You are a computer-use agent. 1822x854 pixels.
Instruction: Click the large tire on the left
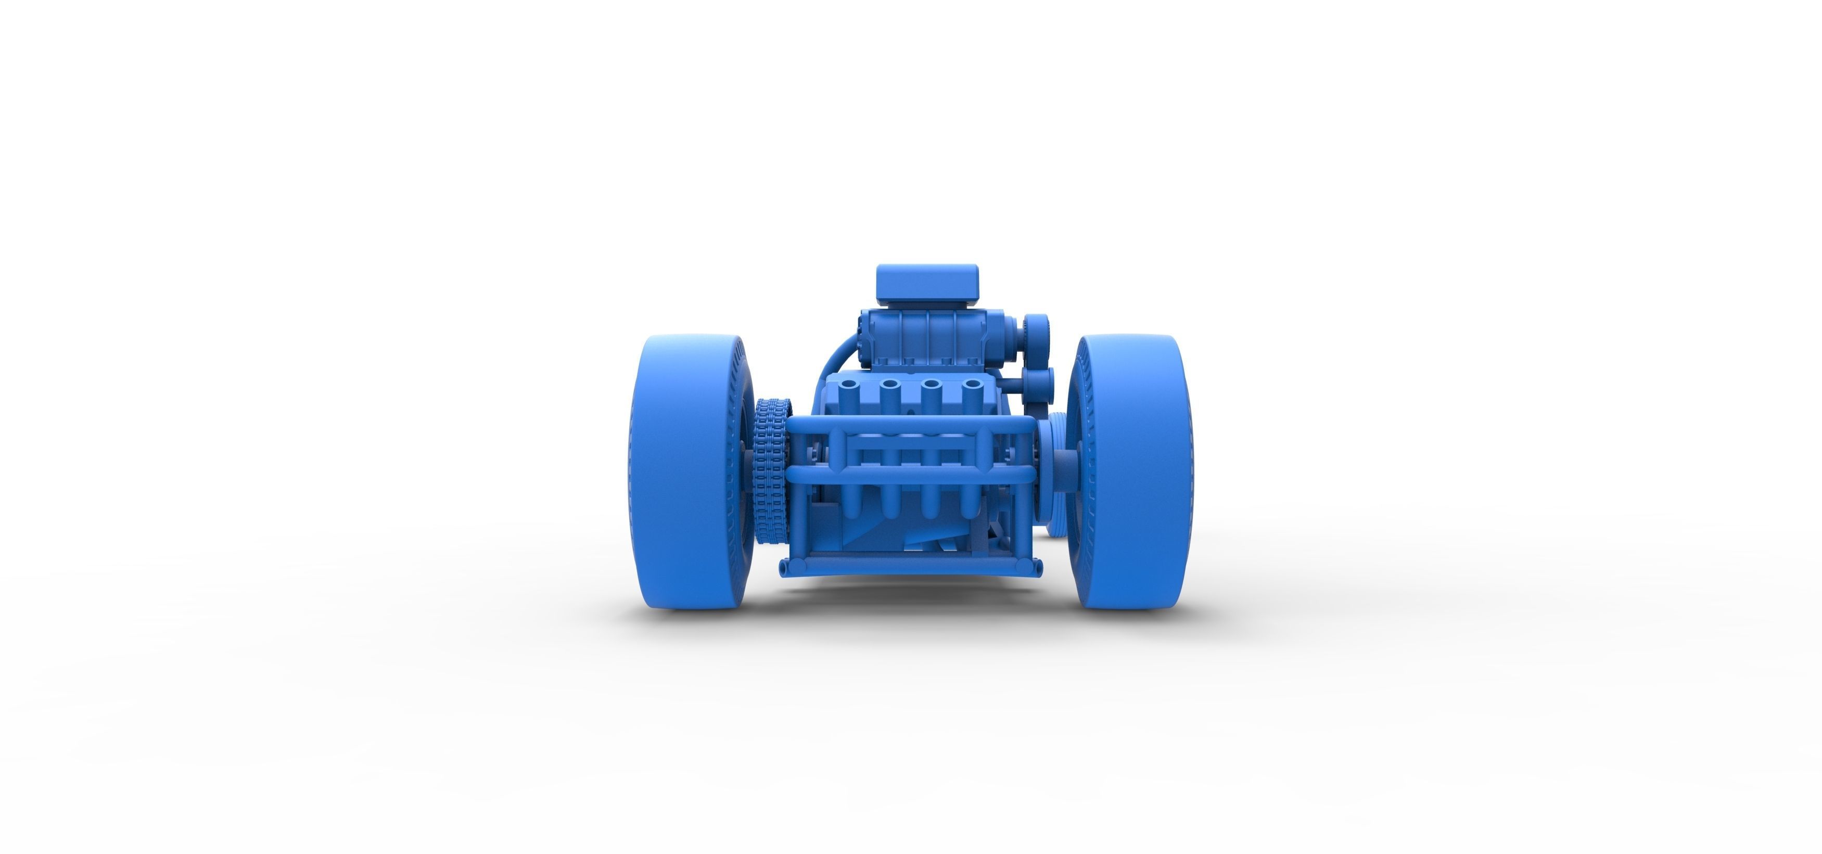click(679, 474)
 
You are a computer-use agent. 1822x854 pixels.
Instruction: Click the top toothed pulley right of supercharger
click(1037, 330)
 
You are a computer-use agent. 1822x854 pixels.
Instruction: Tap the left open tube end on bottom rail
click(783, 567)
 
